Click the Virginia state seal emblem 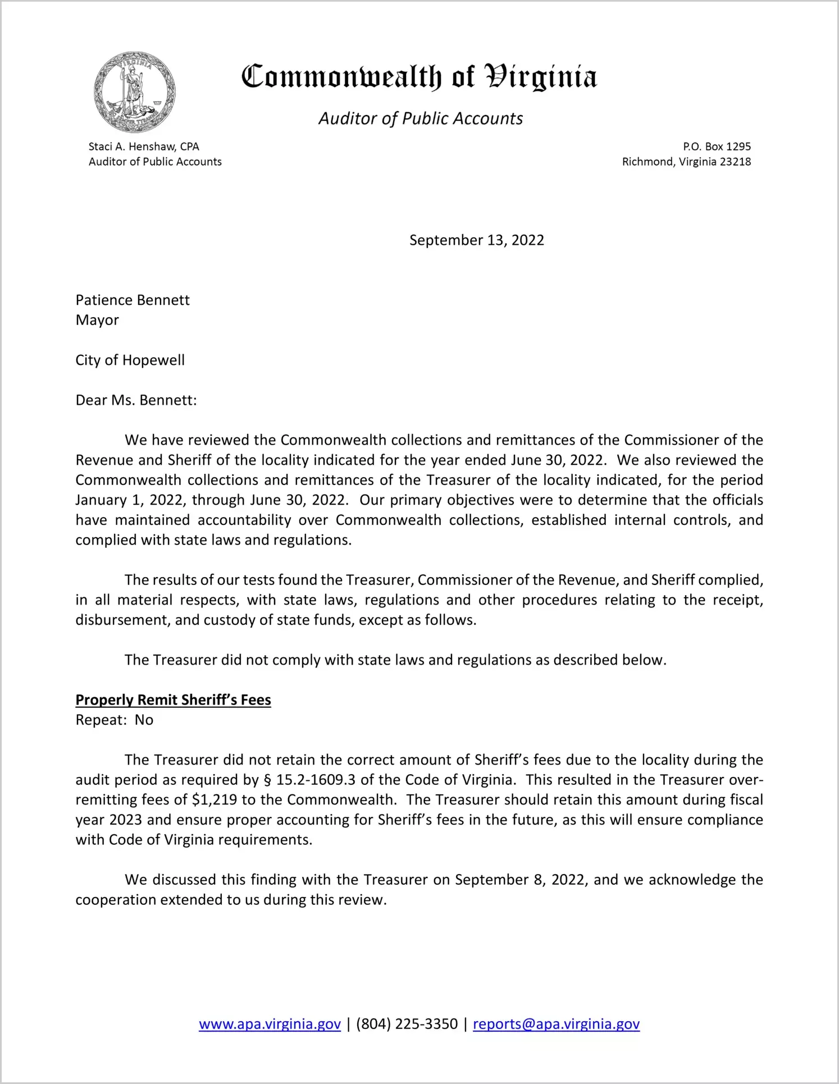(x=134, y=92)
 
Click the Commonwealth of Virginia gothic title (x=419, y=77)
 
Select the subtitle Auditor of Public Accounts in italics (x=421, y=118)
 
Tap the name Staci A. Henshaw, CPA (x=144, y=147)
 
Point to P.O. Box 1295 (x=717, y=147)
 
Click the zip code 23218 (x=735, y=162)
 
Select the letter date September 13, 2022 (x=476, y=240)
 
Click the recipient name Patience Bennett (x=133, y=300)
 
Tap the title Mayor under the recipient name (x=97, y=320)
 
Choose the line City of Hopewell (x=130, y=360)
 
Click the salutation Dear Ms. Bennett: (x=136, y=400)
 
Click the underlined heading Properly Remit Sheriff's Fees (x=173, y=700)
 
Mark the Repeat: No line (x=114, y=720)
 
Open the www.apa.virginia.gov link (x=270, y=1024)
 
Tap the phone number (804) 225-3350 (x=407, y=1024)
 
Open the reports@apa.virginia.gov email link (x=556, y=1024)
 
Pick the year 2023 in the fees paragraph (x=125, y=820)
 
